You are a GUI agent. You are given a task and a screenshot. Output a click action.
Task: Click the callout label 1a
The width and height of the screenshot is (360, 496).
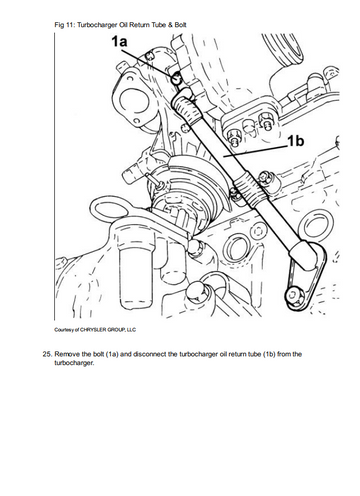pos(119,42)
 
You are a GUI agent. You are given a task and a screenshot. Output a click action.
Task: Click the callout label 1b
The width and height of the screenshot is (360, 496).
pos(296,141)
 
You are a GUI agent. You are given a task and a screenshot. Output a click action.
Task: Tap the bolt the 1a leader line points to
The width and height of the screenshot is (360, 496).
pos(176,79)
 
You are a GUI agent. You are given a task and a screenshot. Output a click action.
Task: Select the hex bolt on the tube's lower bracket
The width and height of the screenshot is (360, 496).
pos(292,294)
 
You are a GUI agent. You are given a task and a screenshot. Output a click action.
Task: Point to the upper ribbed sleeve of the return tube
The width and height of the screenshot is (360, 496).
pos(187,111)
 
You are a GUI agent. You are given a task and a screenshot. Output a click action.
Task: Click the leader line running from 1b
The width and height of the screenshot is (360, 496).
pos(255,150)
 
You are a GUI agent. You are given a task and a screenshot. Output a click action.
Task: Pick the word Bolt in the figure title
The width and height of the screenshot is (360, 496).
pos(181,25)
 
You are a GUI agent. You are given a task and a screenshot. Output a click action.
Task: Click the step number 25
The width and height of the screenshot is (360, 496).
pos(47,354)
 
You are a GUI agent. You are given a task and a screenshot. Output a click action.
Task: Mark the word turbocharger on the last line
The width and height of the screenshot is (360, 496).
pos(74,363)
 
